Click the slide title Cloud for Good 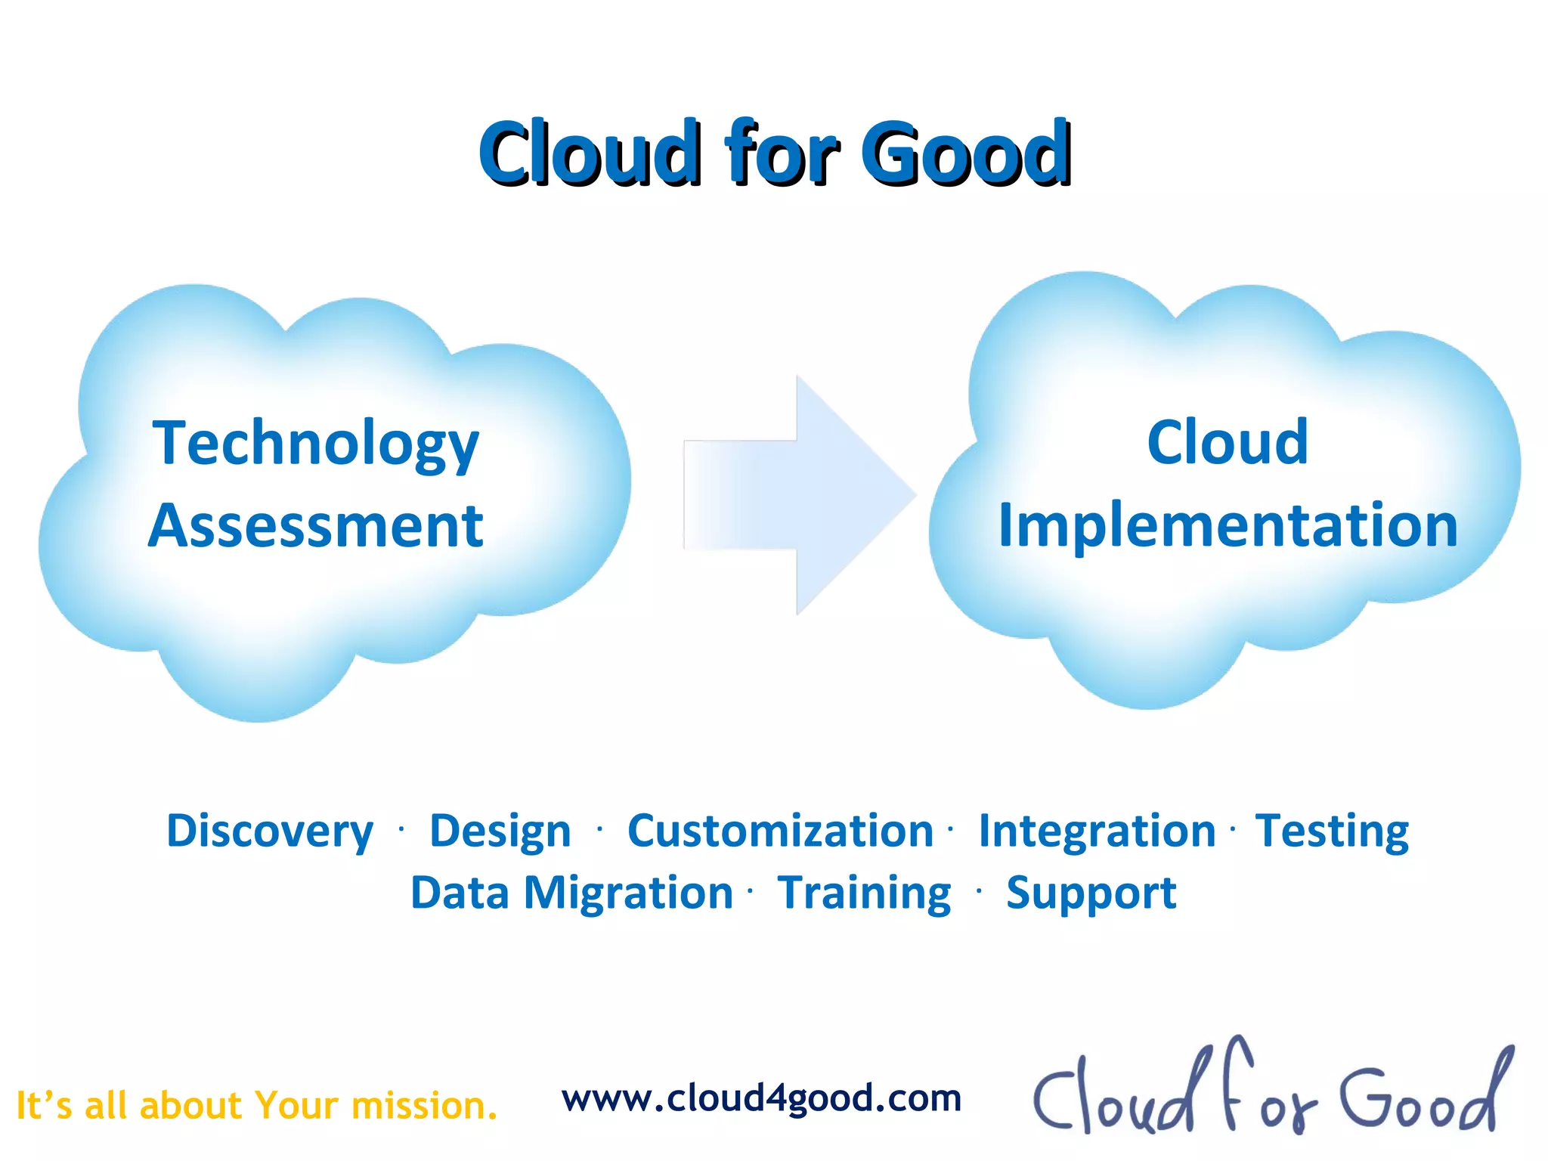coord(775,153)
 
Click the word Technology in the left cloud coord(315,444)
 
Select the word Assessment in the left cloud coord(315,526)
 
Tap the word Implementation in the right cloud coord(1228,526)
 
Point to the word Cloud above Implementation coord(1228,442)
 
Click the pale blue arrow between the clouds coord(800,495)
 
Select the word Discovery coord(270,831)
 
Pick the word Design coord(500,831)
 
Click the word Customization coord(780,831)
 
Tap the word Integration coord(1097,831)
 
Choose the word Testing coord(1332,831)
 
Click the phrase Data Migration coord(571,893)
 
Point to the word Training coord(864,893)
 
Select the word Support coord(1091,893)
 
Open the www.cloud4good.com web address coord(761,1098)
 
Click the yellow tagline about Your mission coord(257,1106)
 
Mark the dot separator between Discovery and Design coord(401,830)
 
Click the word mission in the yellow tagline coord(424,1106)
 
